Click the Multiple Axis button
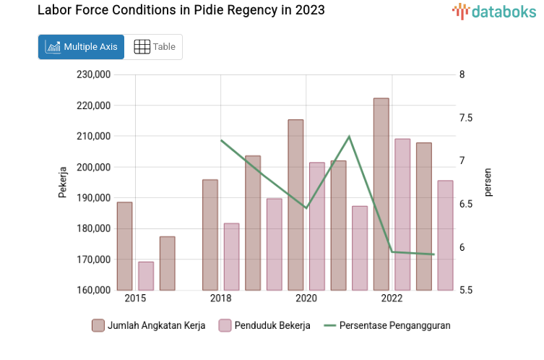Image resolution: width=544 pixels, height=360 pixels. (x=81, y=47)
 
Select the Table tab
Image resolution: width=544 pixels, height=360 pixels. (x=155, y=47)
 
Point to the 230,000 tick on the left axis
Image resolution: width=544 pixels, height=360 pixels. (x=92, y=74)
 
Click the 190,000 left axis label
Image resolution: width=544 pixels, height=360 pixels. (x=92, y=197)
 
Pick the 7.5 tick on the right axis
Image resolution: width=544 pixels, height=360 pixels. (x=464, y=118)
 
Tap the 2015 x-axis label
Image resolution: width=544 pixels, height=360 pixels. (x=135, y=298)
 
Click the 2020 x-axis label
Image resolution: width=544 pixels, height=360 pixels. (x=306, y=298)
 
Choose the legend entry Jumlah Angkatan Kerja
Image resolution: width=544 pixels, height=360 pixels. (x=149, y=325)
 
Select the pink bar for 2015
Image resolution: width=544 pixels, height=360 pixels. (x=146, y=275)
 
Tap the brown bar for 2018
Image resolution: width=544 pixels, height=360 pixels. (x=210, y=234)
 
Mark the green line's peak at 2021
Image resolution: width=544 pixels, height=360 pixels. (x=349, y=136)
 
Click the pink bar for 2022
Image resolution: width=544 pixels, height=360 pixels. (x=402, y=214)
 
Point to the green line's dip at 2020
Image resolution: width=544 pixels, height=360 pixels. (x=306, y=208)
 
